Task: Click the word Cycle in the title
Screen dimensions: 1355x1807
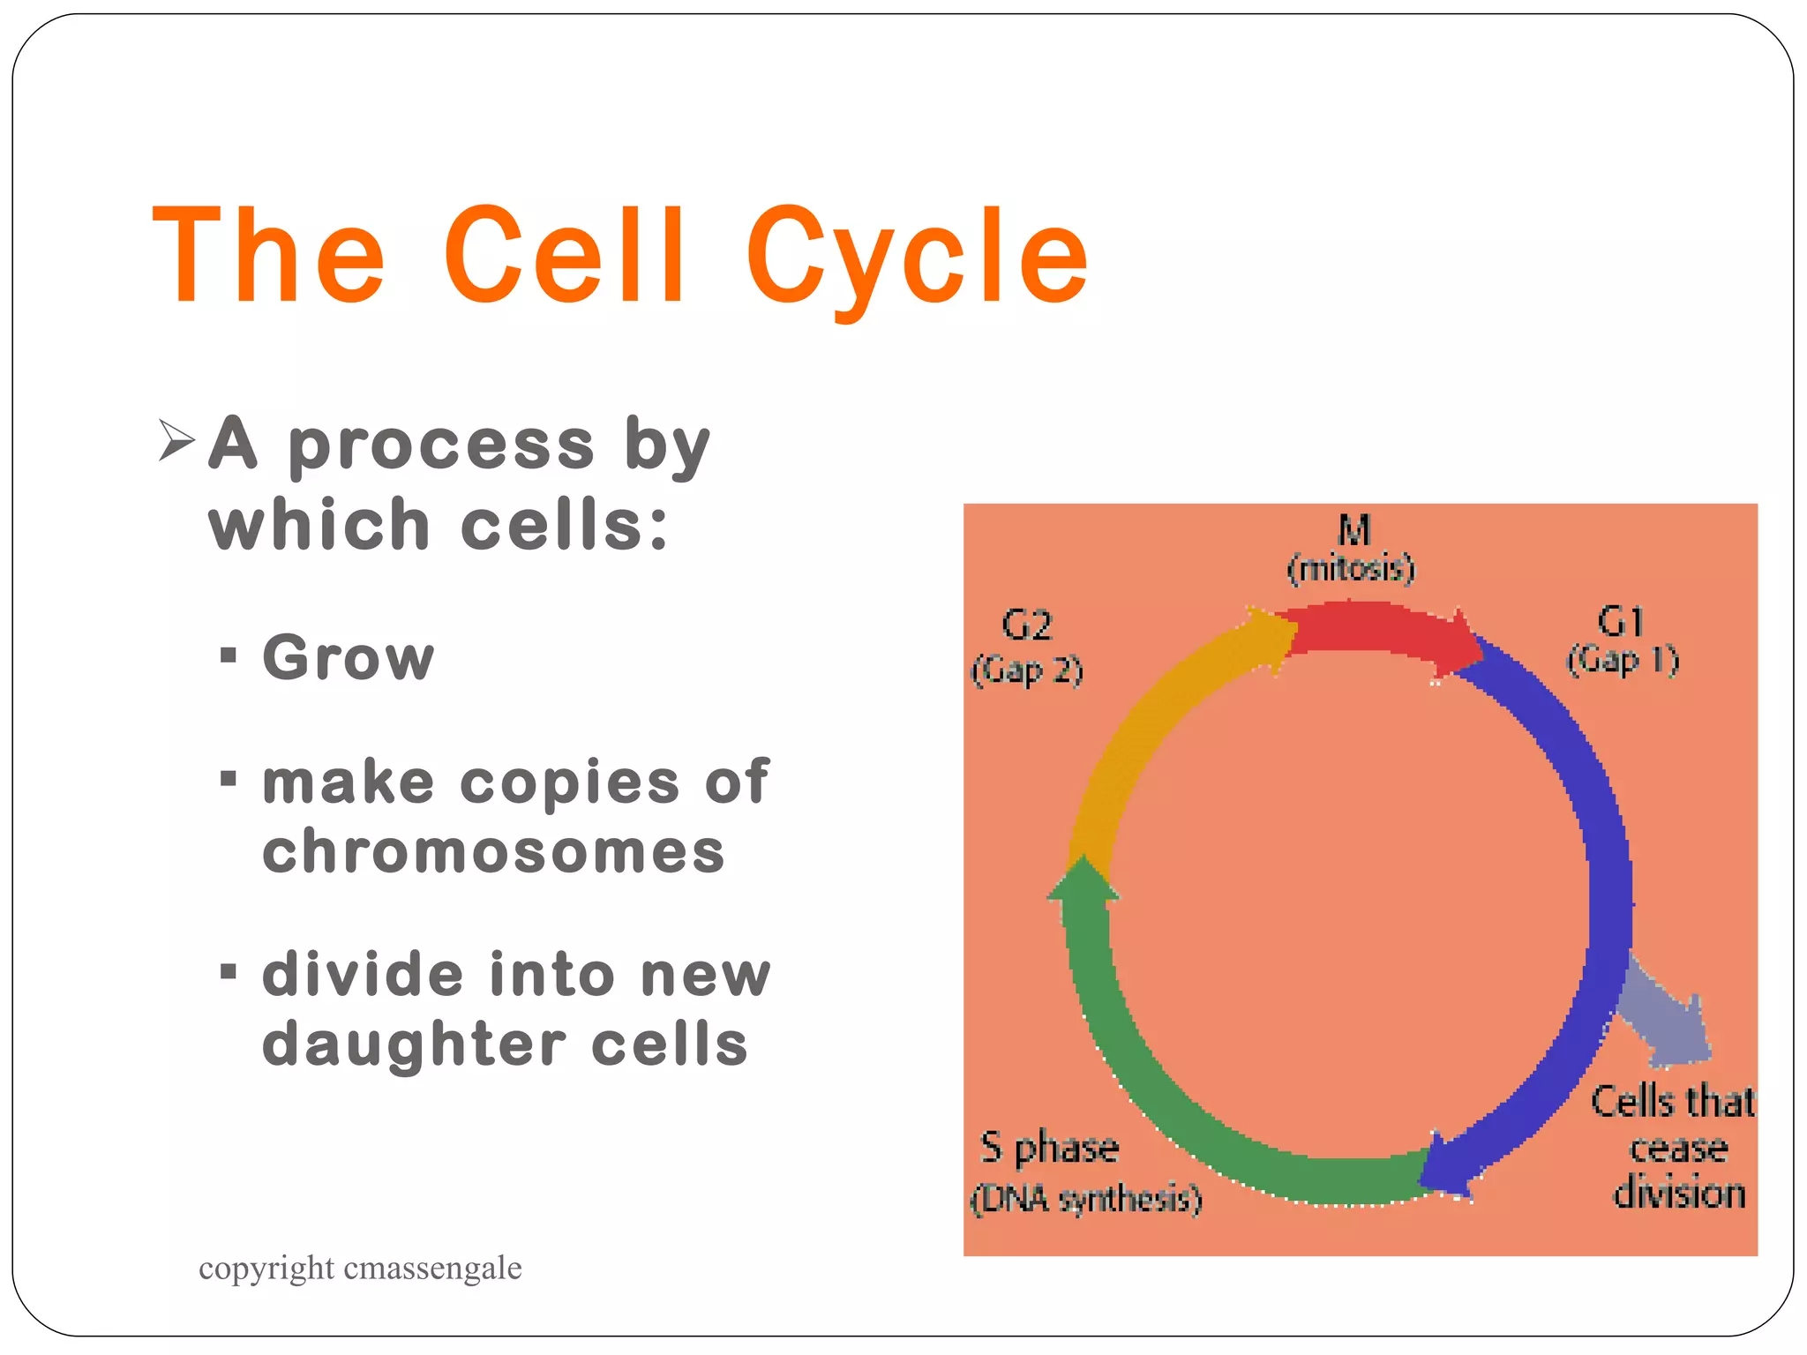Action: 918,256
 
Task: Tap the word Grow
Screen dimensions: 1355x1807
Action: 349,658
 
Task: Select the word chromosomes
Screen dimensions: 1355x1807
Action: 493,852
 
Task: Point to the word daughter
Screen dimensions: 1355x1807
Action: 415,1045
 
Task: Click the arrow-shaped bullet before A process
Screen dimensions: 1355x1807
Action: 176,441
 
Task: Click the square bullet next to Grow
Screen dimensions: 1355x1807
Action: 229,655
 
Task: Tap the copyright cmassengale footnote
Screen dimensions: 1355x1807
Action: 360,1269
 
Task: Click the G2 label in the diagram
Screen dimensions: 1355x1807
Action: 1027,626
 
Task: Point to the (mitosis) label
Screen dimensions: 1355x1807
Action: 1351,569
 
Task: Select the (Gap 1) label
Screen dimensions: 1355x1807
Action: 1623,660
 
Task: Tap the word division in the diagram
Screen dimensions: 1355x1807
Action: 1679,1194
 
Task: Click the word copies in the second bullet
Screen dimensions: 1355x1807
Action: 570,782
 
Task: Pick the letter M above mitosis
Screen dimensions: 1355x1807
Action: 1353,531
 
